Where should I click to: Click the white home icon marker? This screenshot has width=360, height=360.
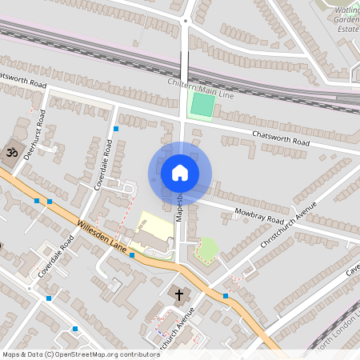point(179,173)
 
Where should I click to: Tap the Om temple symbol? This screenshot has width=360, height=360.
point(12,150)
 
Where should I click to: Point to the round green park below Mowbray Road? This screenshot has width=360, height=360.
point(207,248)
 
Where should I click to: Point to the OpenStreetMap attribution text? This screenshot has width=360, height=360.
point(81,354)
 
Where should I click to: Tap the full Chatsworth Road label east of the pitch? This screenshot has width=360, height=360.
point(280,138)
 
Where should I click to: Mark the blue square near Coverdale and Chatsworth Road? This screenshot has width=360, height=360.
point(116,128)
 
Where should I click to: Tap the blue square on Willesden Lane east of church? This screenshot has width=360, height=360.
point(226,296)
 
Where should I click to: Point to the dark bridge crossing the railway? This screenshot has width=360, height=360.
point(184,64)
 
